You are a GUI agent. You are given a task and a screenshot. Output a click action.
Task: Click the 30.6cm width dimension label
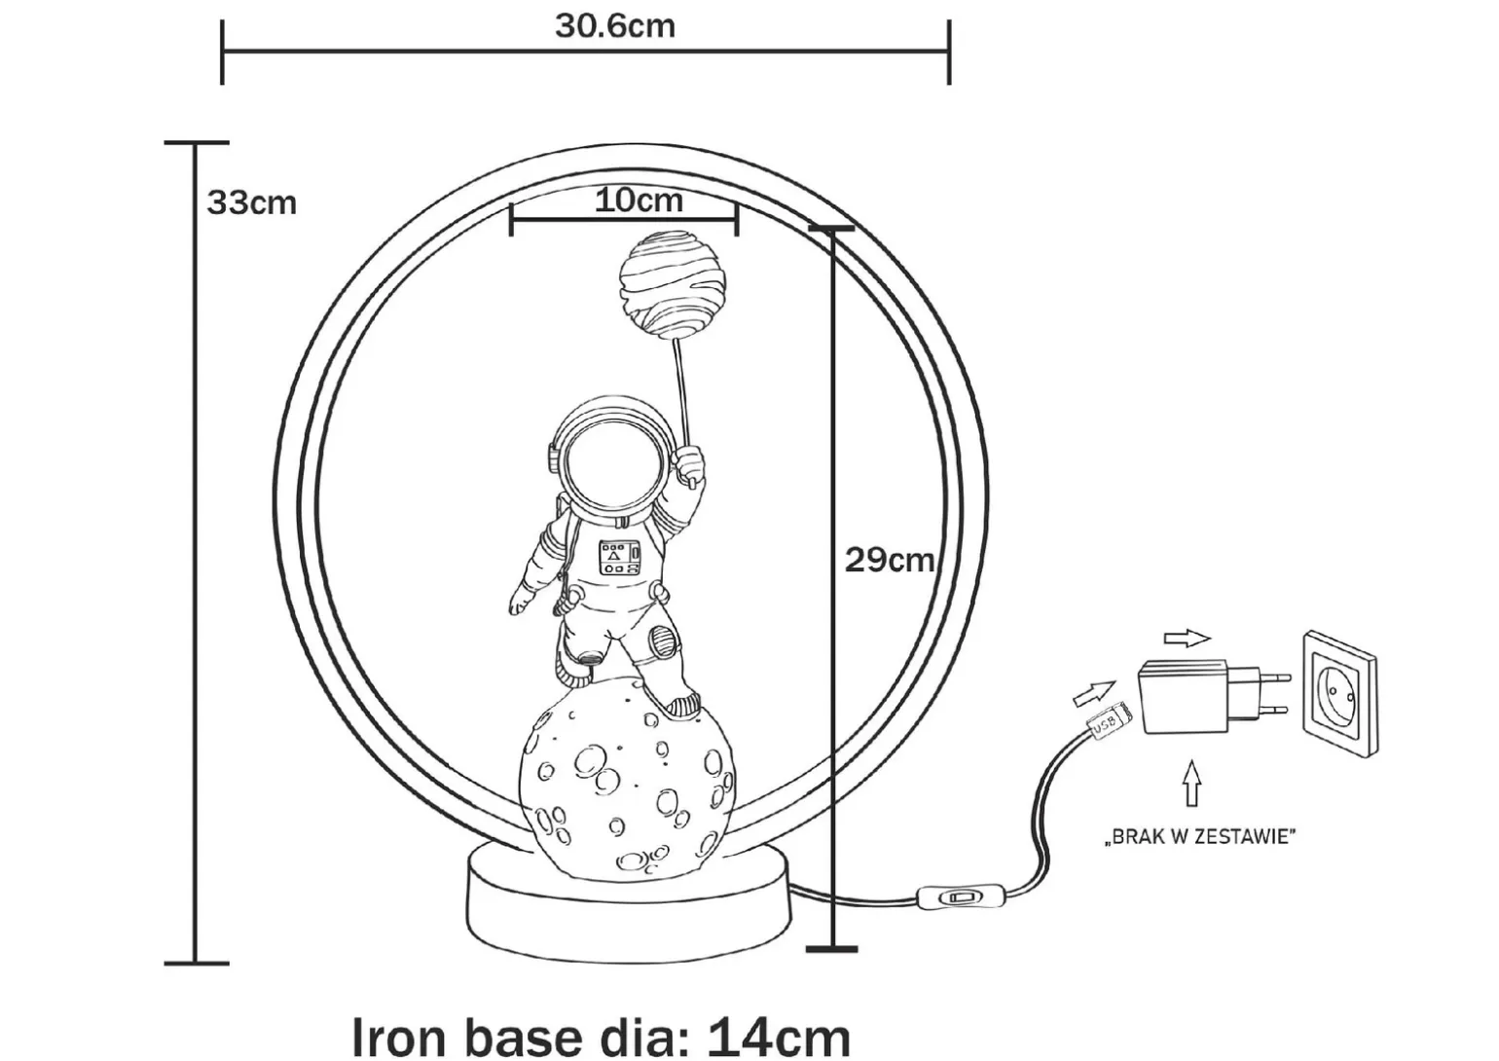(615, 25)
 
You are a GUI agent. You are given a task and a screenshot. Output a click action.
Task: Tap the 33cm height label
(251, 202)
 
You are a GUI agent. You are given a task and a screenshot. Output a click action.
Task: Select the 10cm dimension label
(639, 200)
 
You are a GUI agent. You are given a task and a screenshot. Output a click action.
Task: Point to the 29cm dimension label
(888, 560)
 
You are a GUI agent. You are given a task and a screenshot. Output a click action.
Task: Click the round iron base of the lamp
(628, 900)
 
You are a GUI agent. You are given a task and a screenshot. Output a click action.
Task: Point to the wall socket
(1338, 693)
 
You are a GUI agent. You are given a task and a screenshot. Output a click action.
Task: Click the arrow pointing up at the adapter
(1192, 782)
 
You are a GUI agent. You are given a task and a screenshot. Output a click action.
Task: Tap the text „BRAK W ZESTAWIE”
(1199, 836)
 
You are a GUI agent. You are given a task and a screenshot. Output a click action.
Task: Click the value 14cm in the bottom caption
(778, 1036)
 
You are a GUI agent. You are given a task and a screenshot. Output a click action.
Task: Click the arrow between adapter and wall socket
(1187, 639)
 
